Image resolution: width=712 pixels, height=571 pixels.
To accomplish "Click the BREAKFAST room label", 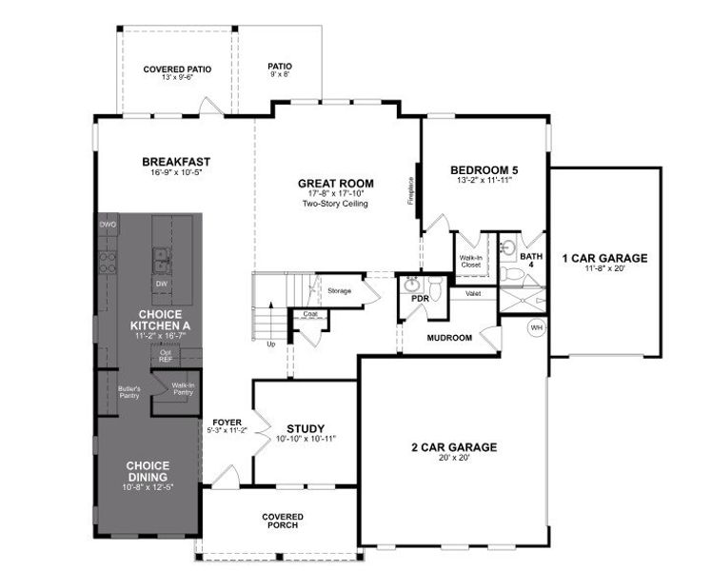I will pos(176,162).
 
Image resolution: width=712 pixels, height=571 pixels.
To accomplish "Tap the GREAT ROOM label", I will pos(335,184).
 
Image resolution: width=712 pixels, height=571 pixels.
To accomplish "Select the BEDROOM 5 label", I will pos(484,171).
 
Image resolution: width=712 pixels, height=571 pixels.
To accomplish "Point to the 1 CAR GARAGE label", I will pos(604,258).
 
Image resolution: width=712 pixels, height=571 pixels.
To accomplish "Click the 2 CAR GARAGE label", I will pos(453,446).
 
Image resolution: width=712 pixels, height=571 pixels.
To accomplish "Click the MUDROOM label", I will pos(450,337).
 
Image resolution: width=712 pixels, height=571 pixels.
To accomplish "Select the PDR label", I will pos(420,298).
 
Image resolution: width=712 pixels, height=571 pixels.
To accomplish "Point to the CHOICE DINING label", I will pos(148,470).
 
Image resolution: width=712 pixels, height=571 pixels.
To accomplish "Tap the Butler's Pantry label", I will pos(129,391).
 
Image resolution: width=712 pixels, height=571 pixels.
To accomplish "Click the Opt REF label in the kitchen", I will pos(166,355).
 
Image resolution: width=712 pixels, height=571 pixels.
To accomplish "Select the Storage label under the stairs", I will pos(340,290).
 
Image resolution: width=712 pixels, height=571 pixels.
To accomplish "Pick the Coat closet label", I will pos(310,313).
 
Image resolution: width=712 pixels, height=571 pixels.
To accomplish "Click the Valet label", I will pos(473,294).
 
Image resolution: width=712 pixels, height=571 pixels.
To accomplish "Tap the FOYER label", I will pos(226,421).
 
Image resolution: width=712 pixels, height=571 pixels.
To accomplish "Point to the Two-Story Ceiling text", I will pos(335,205).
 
